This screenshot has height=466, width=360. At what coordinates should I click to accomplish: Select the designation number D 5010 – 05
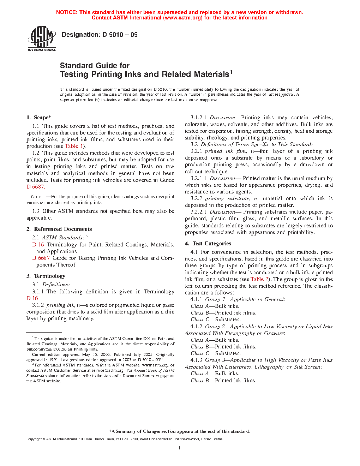click(120, 35)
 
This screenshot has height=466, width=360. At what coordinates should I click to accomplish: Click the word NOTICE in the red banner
click(67, 12)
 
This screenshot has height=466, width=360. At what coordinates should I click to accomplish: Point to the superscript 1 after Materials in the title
click(231, 72)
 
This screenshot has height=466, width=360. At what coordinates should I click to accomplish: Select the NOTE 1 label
click(36, 197)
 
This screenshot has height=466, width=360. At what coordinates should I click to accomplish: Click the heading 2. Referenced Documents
click(59, 229)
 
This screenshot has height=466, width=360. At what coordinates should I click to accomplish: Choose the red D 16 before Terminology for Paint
click(38, 245)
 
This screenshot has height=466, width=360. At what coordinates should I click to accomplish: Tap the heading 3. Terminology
click(46, 276)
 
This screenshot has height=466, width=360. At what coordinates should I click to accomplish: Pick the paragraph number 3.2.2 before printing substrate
click(196, 199)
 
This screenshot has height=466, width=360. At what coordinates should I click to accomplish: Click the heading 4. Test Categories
click(208, 244)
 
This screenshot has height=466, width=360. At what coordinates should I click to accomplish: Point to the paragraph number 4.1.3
click(196, 360)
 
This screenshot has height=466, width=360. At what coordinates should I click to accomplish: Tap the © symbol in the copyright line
click(44, 439)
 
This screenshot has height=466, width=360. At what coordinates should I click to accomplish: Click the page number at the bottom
click(180, 448)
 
